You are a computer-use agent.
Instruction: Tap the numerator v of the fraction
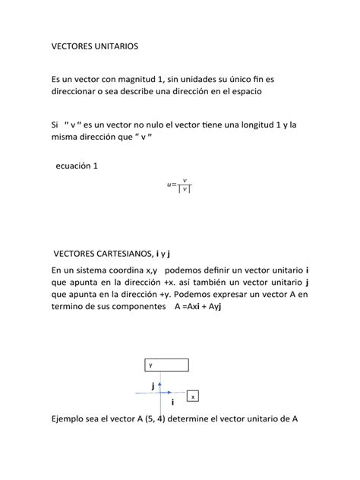click(185, 180)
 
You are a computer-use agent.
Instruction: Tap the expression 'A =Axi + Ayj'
click(196, 307)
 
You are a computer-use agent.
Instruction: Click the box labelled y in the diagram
click(166, 365)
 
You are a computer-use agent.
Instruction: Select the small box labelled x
click(194, 396)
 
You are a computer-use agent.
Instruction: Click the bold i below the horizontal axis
click(172, 402)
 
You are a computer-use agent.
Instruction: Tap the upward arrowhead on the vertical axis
click(164, 377)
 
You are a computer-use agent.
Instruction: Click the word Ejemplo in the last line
click(70, 418)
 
